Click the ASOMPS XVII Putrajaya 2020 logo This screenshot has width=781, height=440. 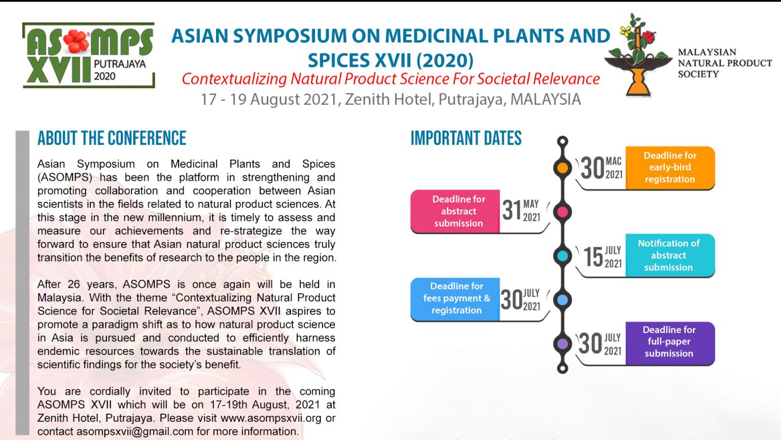pyautogui.click(x=89, y=55)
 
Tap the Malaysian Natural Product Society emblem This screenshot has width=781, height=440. pyautogui.click(x=638, y=55)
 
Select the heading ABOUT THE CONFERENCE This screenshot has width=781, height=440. pyautogui.click(x=112, y=138)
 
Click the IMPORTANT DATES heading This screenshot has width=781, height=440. pyautogui.click(x=466, y=138)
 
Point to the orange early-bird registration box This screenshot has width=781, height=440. pyautogui.click(x=670, y=168)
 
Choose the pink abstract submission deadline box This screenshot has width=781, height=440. pyautogui.click(x=456, y=211)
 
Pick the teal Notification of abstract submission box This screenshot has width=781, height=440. pyautogui.click(x=670, y=255)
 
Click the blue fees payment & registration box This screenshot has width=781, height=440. pyautogui.click(x=456, y=298)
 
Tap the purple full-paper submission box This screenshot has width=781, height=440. pyautogui.click(x=670, y=342)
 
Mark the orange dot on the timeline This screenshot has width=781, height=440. pyautogui.click(x=563, y=168)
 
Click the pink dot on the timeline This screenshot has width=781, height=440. pyautogui.click(x=563, y=212)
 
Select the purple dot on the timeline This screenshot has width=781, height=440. pyautogui.click(x=563, y=343)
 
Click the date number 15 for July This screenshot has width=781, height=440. pyautogui.click(x=593, y=257)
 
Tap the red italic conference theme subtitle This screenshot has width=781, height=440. pyautogui.click(x=390, y=79)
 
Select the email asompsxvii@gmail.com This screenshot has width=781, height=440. pyautogui.click(x=135, y=431)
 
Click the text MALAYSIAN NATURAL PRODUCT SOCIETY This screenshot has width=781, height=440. pyautogui.click(x=724, y=63)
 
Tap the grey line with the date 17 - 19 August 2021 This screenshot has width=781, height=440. pyautogui.click(x=390, y=100)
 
